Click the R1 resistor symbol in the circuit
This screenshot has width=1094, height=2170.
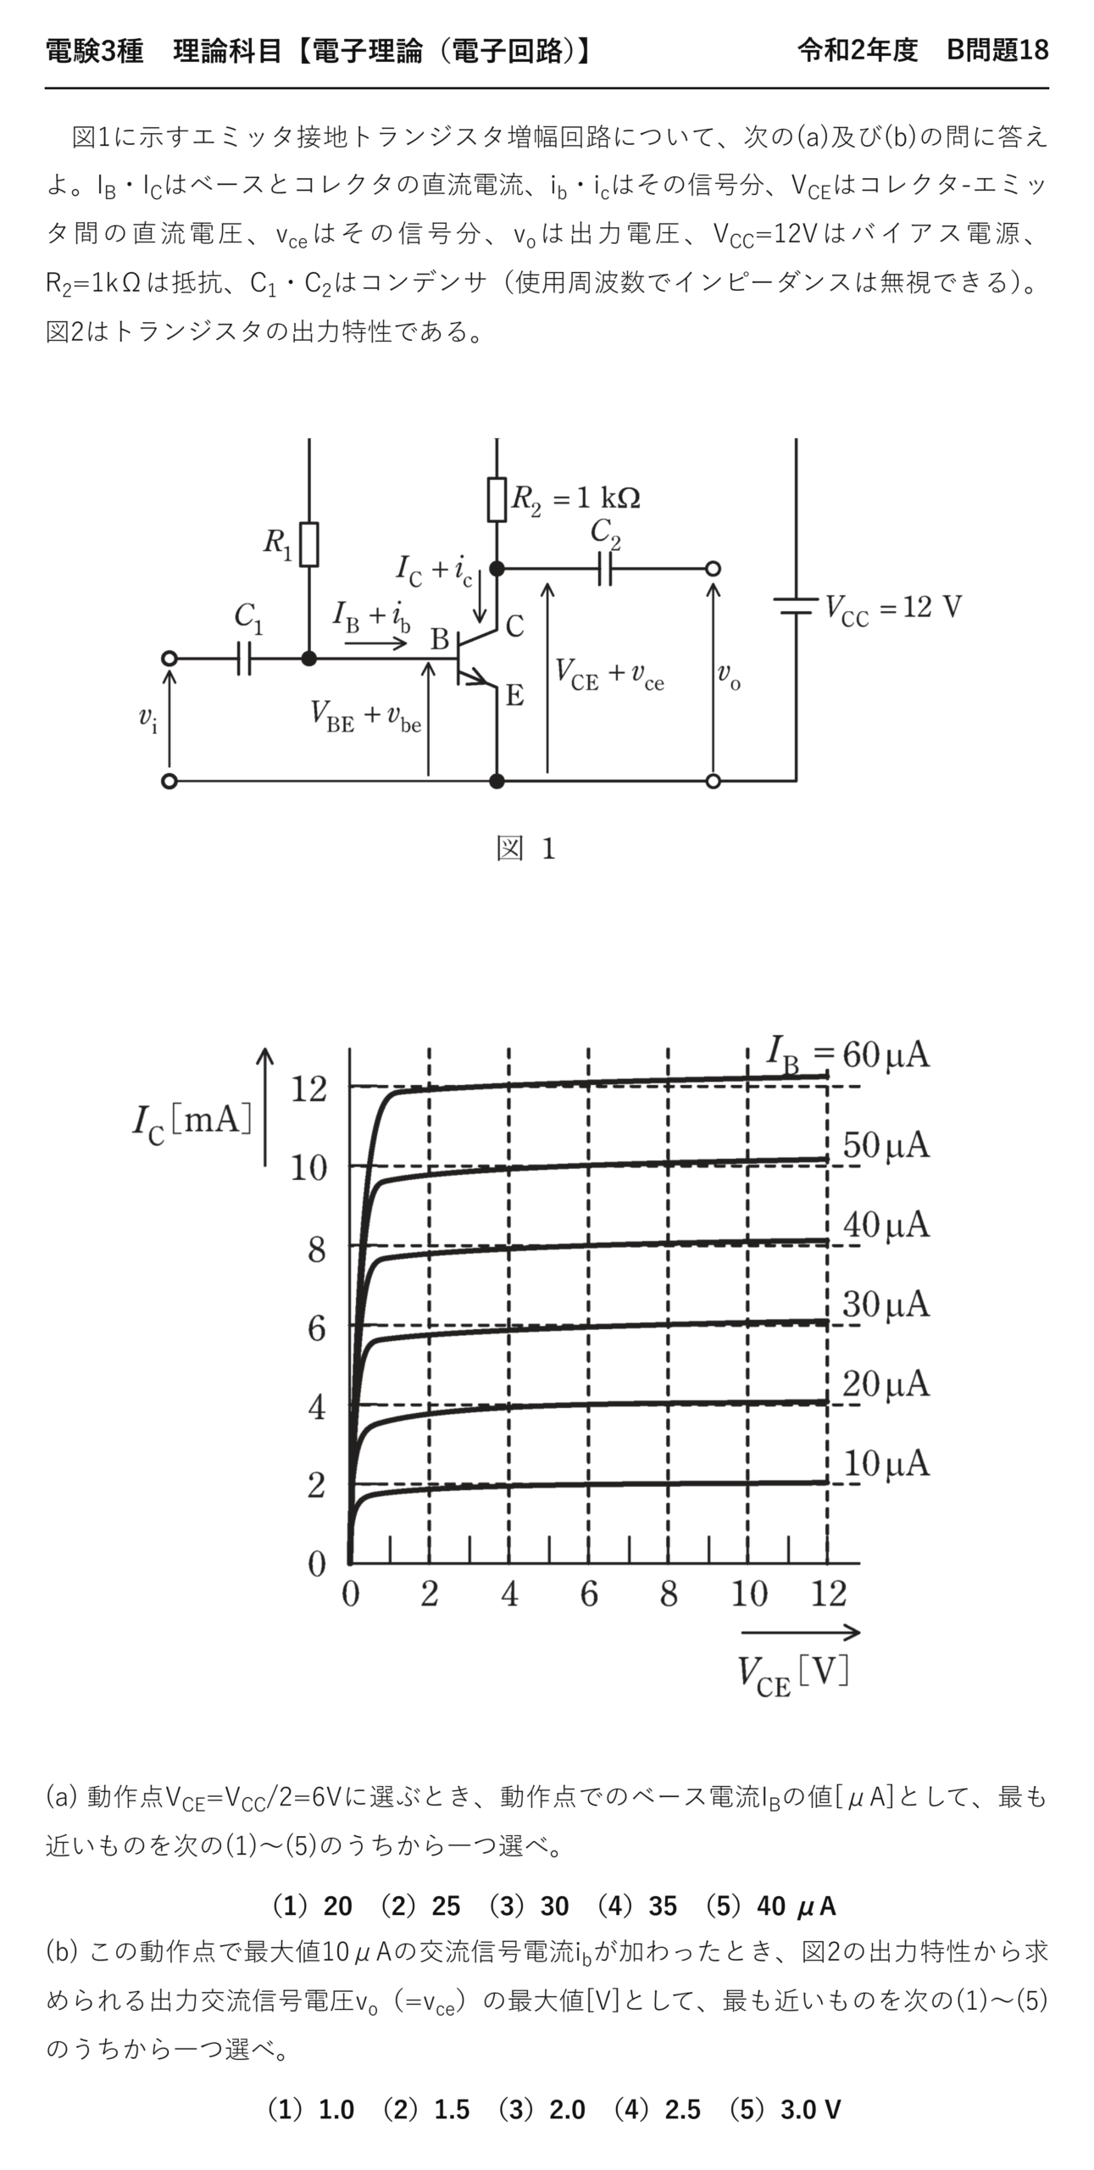[x=309, y=544]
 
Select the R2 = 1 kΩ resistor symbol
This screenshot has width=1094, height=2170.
[x=497, y=499]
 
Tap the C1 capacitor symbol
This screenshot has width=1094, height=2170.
[x=244, y=658]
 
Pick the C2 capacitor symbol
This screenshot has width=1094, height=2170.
[x=605, y=569]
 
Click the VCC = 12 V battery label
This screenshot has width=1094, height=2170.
[x=894, y=608]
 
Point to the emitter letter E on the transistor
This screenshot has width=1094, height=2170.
[x=514, y=696]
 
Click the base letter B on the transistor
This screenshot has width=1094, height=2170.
[x=439, y=639]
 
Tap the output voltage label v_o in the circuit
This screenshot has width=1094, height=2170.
[x=729, y=676]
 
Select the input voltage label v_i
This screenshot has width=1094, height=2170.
[x=148, y=719]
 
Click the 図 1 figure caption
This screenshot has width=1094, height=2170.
[x=525, y=848]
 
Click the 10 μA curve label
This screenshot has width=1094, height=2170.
[x=886, y=1464]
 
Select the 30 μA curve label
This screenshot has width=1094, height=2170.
[x=886, y=1304]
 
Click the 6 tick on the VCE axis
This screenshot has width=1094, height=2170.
[x=589, y=1594]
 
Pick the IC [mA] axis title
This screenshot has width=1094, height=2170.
[x=192, y=1121]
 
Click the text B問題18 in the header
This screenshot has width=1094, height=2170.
[x=997, y=51]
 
